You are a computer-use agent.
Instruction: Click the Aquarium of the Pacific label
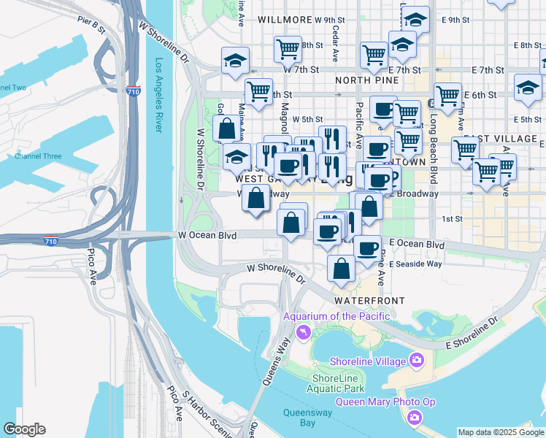[x=337, y=316]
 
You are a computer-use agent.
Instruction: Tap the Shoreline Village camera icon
[x=417, y=360]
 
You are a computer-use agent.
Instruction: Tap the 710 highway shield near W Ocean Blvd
[x=50, y=240]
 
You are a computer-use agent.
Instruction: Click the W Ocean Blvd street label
[x=207, y=235]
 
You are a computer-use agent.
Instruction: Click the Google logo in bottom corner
[x=24, y=429]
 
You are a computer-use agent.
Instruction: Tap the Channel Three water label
[x=38, y=156]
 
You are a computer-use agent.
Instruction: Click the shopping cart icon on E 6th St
[x=447, y=95]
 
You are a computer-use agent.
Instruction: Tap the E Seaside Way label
[x=415, y=264]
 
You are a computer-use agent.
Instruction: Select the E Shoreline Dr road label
[x=472, y=334]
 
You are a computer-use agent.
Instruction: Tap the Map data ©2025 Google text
[x=501, y=432]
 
